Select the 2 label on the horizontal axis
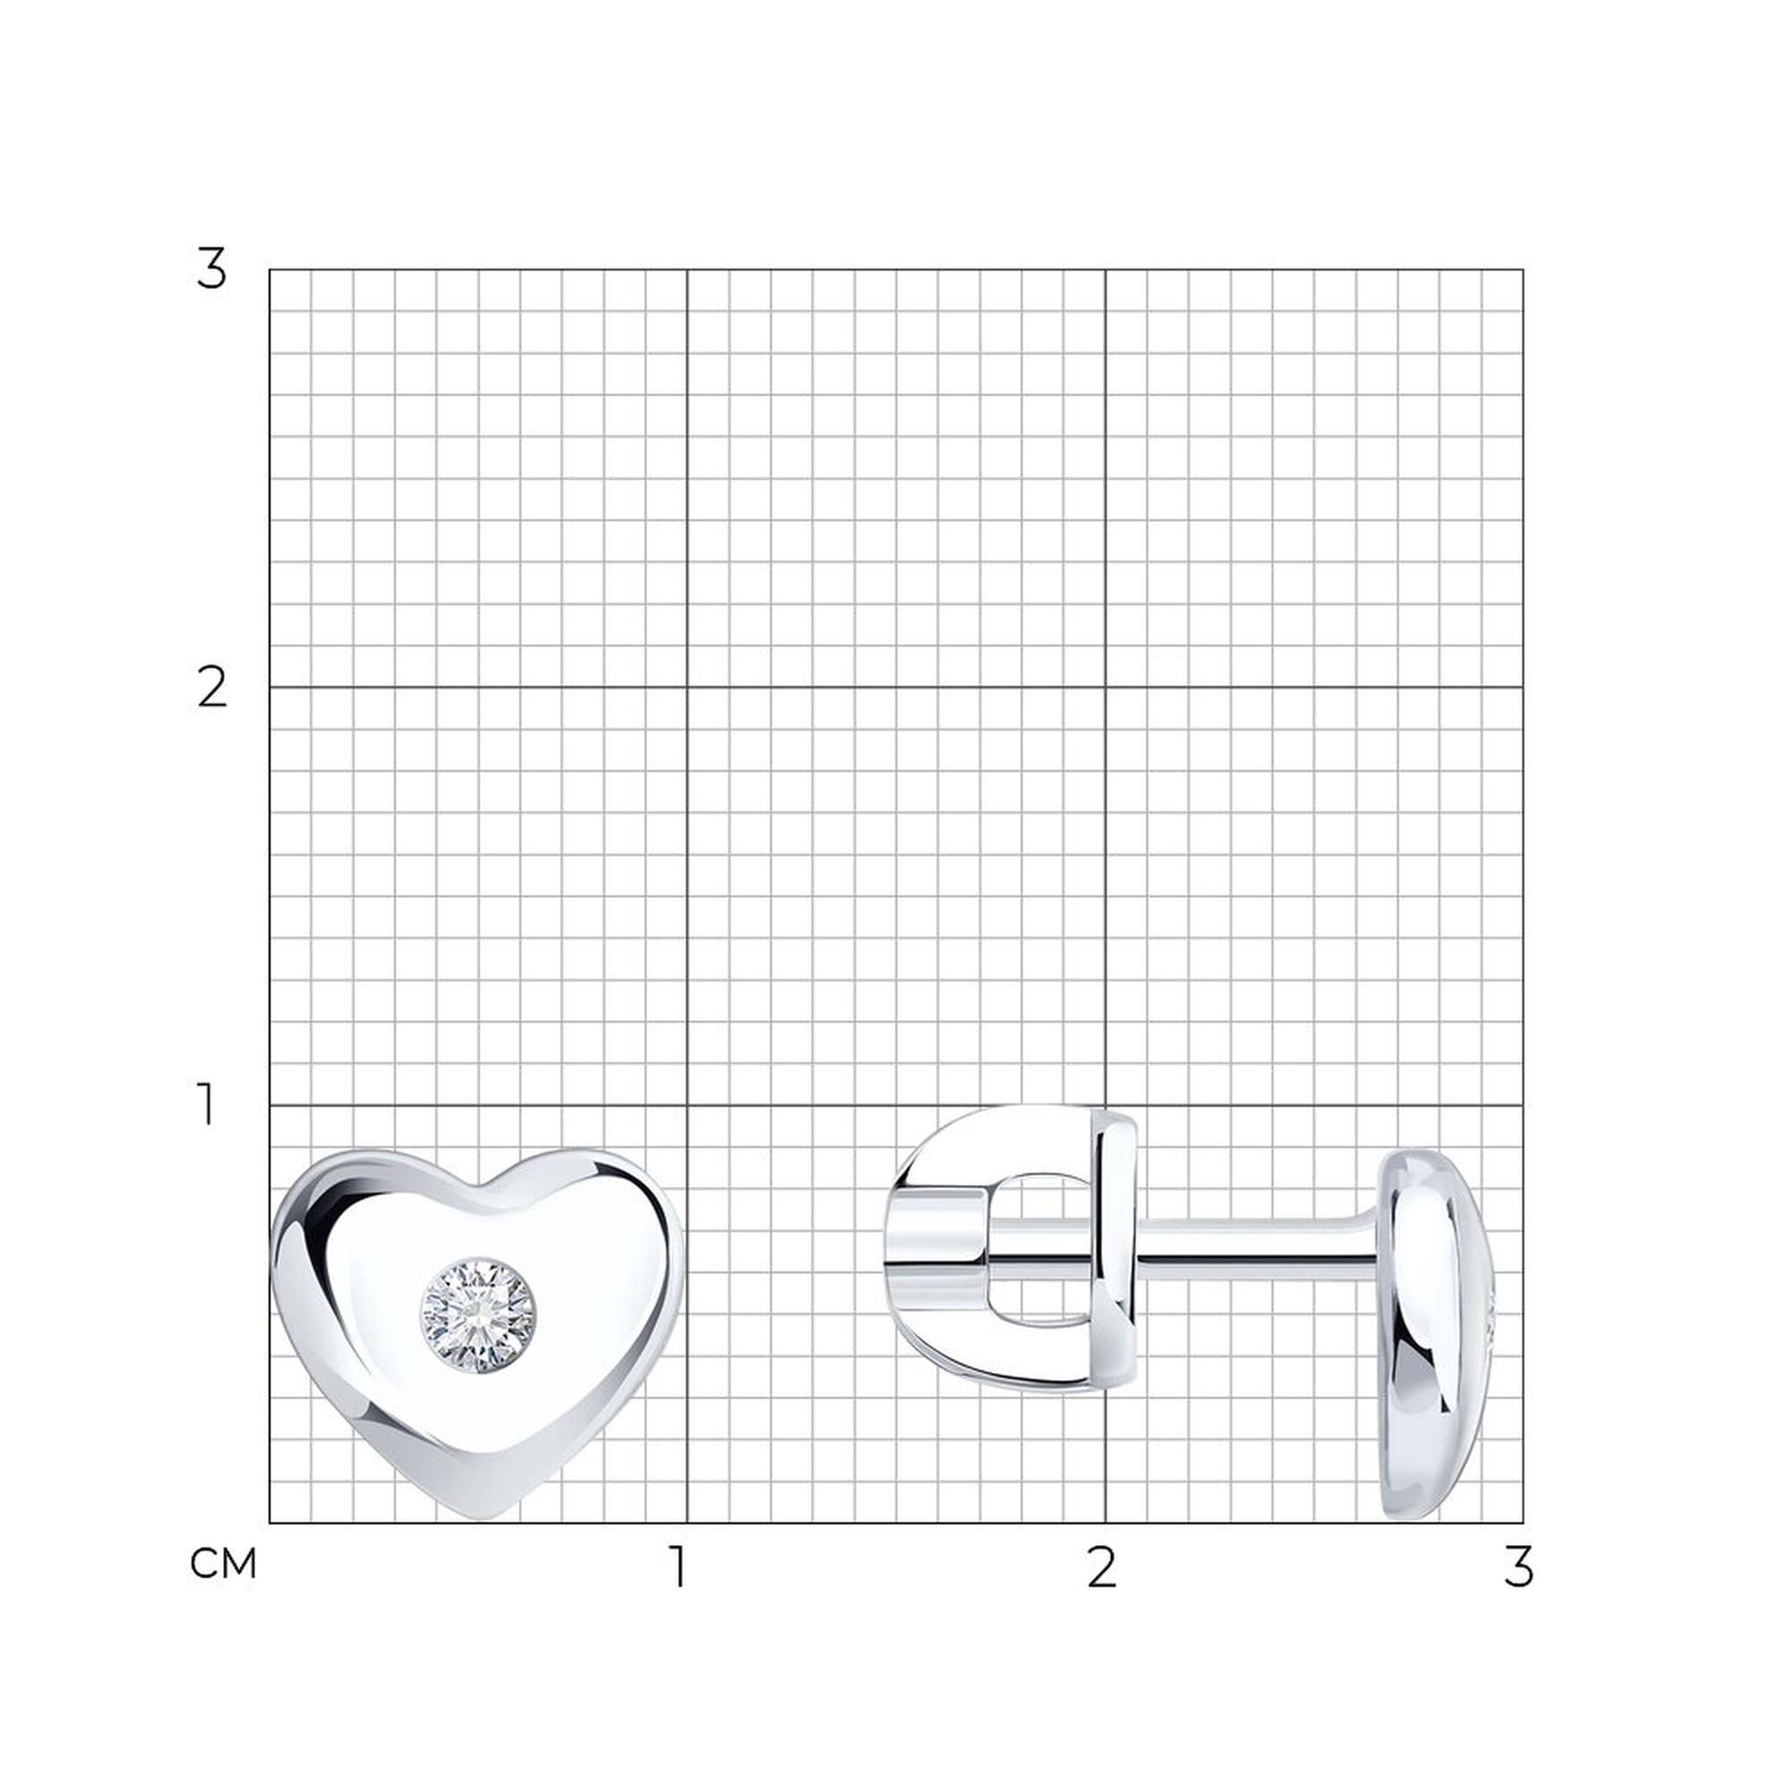(1101, 1566)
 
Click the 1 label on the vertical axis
(208, 1104)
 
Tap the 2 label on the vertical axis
(212, 688)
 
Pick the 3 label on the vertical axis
(211, 270)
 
